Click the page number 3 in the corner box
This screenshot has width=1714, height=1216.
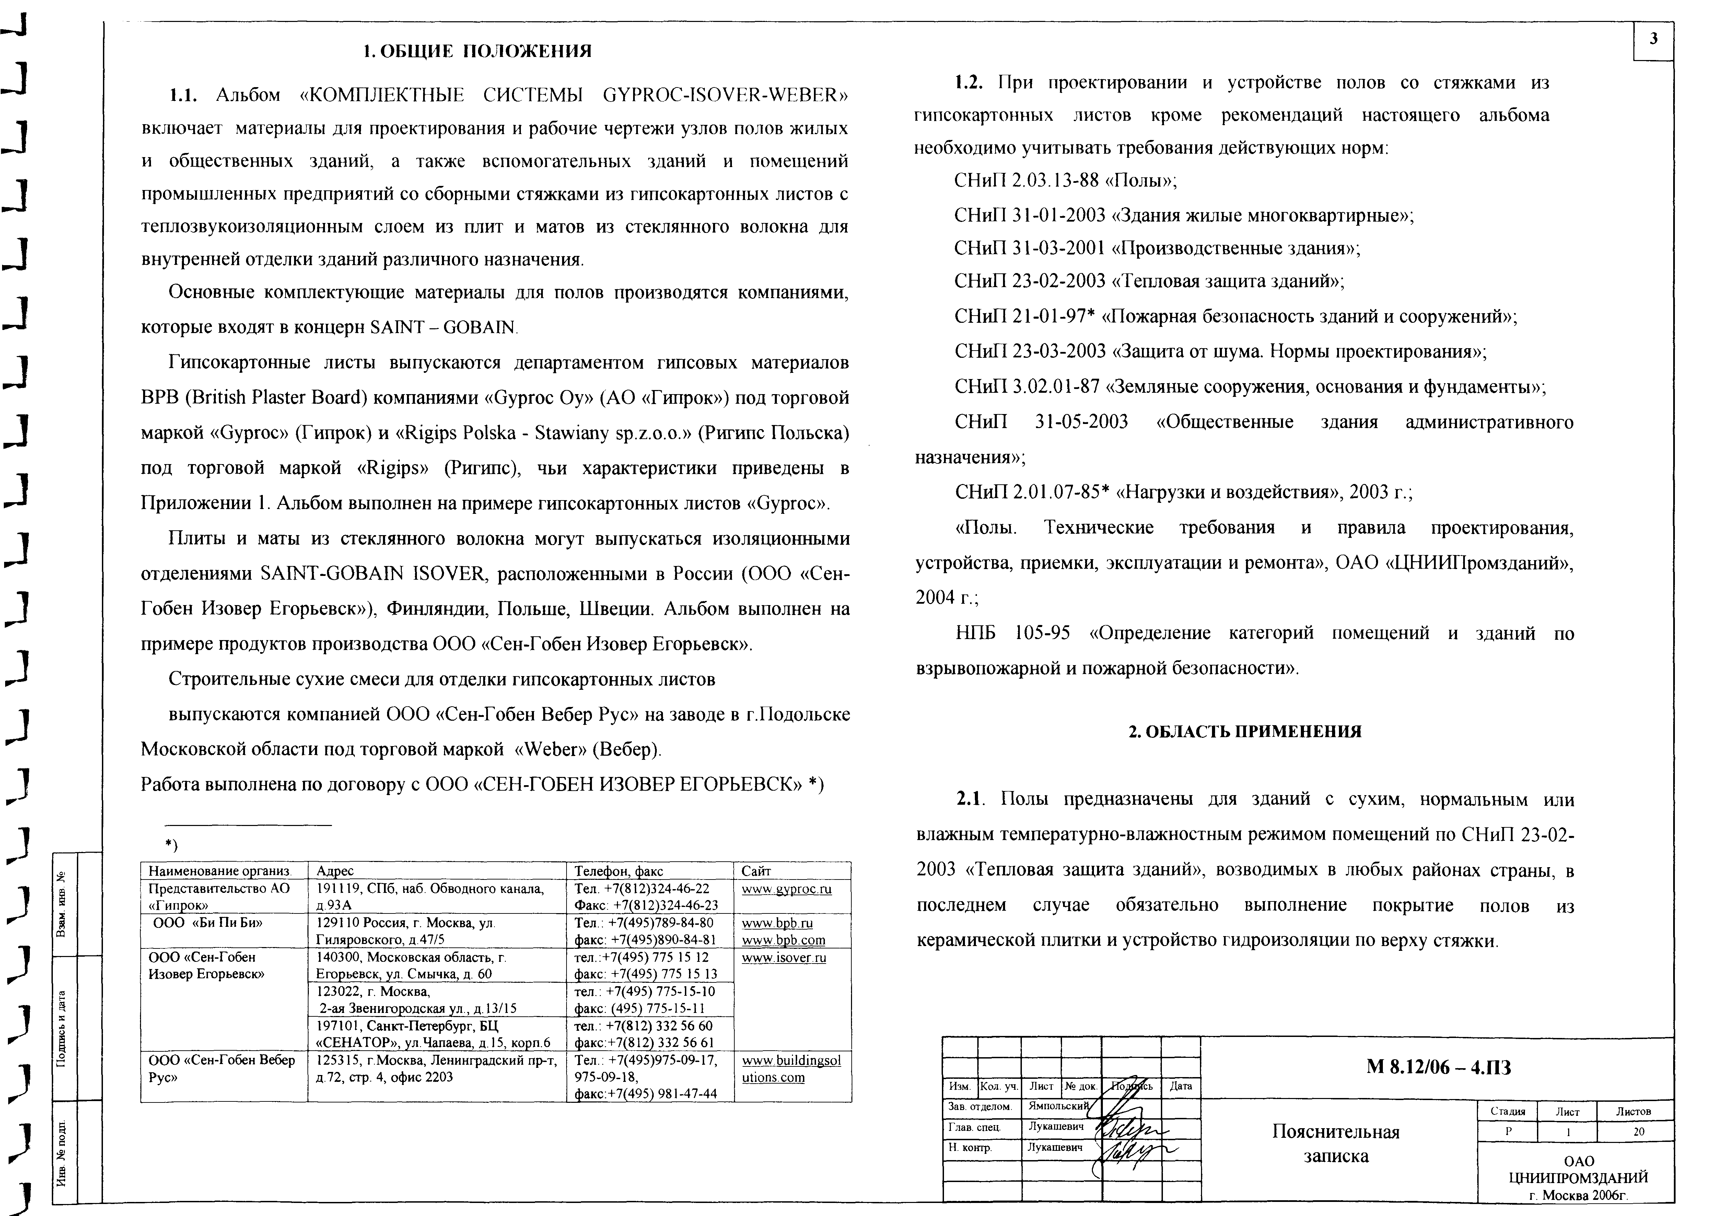click(1653, 40)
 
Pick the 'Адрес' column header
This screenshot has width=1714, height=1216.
click(335, 871)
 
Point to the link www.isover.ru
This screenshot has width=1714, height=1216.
click(784, 958)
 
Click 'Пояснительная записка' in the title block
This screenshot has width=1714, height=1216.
click(1336, 1143)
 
